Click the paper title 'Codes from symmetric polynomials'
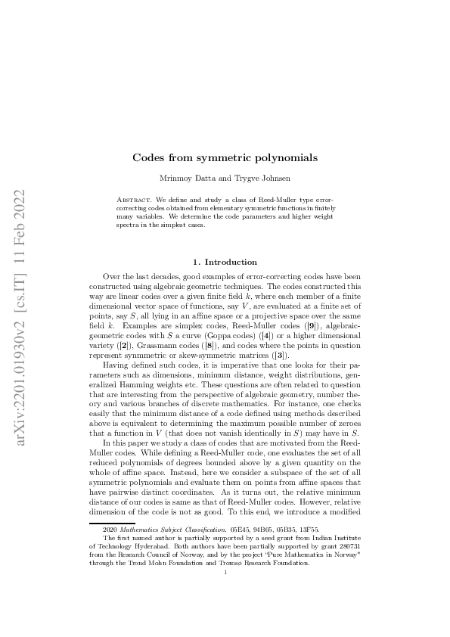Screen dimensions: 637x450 click(225, 158)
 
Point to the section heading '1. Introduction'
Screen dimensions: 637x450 click(225, 262)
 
